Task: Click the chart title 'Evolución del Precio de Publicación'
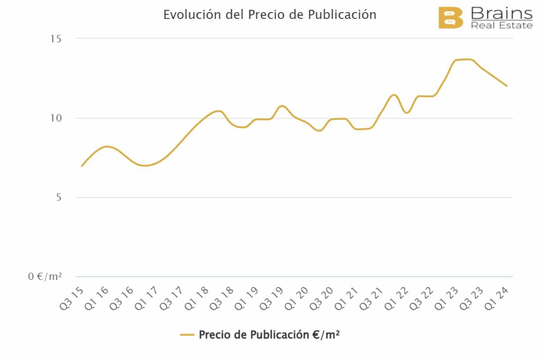[269, 15]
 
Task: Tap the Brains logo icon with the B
[450, 18]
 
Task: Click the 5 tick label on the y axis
[59, 198]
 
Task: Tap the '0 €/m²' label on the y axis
[45, 277]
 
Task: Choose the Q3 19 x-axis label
[273, 298]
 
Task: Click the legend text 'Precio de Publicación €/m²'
[269, 335]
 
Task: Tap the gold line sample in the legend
[188, 335]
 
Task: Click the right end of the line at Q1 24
[507, 86]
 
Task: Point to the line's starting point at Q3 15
[82, 166]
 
